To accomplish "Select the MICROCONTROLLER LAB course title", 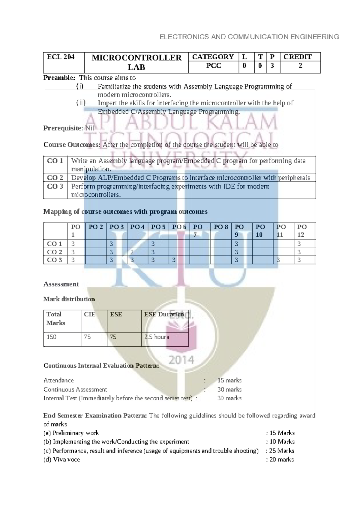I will (x=136, y=62).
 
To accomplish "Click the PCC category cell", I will (x=213, y=66).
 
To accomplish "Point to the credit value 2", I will (x=300, y=66).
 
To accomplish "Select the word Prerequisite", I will (x=63, y=128).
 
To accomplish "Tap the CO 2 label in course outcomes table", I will (x=55, y=178).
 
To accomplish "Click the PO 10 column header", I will (x=260, y=231).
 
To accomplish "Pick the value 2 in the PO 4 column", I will (x=132, y=252).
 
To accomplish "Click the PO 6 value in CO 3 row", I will (x=174, y=260).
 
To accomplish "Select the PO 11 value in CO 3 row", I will (x=278, y=260).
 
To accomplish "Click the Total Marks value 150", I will (x=52, y=337).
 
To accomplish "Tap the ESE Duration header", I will (x=164, y=315).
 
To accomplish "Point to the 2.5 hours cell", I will (x=156, y=337).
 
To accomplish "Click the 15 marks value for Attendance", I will (x=229, y=381).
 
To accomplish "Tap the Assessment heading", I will (x=61, y=284).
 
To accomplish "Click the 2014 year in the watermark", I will (x=181, y=360).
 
